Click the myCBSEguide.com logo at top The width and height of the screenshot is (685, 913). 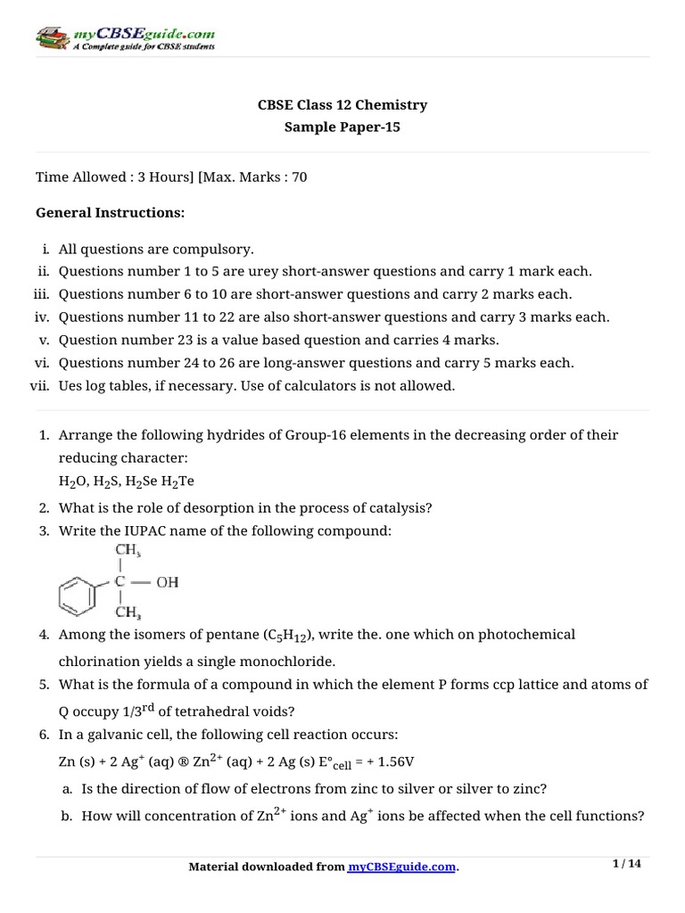pyautogui.click(x=125, y=37)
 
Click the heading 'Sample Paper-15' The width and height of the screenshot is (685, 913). pyautogui.click(x=342, y=127)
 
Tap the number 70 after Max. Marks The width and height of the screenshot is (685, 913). pyautogui.click(x=299, y=177)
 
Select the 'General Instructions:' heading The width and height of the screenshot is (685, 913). pyautogui.click(x=110, y=212)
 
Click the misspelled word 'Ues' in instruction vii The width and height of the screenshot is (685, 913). pyautogui.click(x=71, y=386)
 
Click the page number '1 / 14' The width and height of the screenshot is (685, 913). pyautogui.click(x=627, y=864)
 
